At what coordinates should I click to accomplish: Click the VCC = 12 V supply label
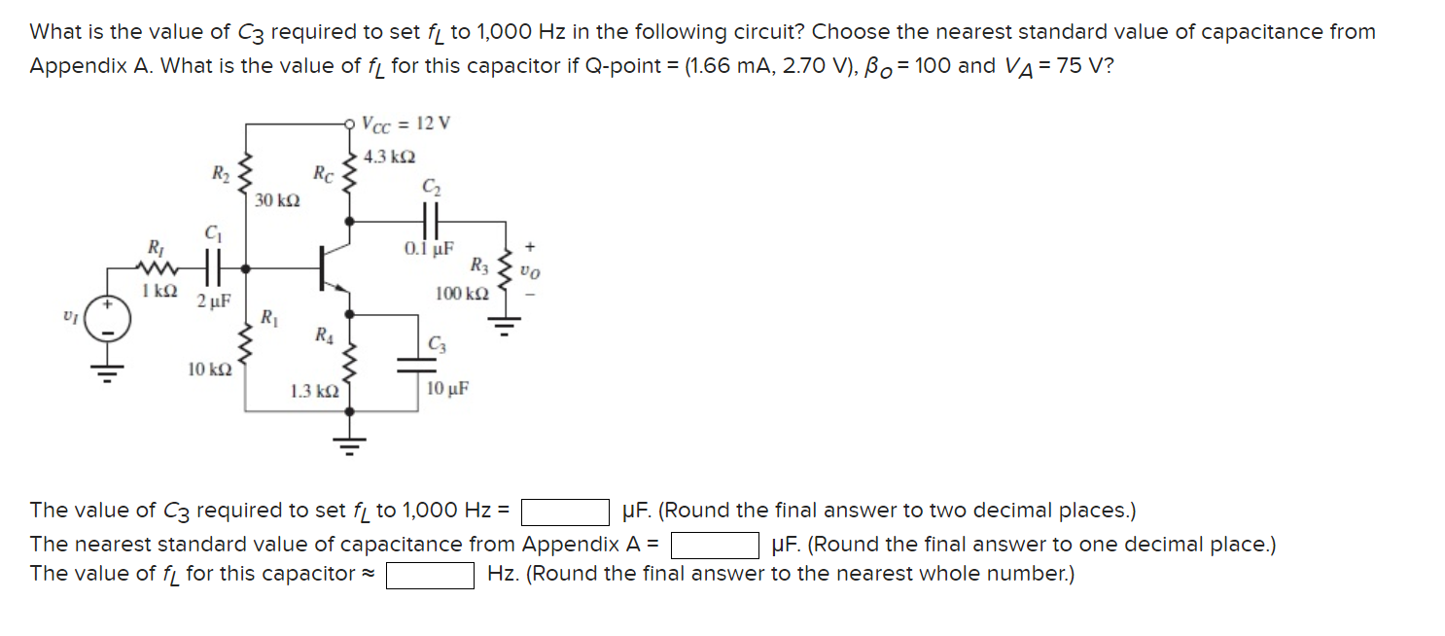pyautogui.click(x=405, y=124)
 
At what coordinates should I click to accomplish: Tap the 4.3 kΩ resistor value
pyautogui.click(x=389, y=157)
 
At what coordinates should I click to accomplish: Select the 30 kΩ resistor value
pyautogui.click(x=277, y=201)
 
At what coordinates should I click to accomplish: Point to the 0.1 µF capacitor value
pyautogui.click(x=429, y=249)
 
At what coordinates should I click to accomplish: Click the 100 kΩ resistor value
pyautogui.click(x=462, y=293)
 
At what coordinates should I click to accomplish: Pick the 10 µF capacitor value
pyautogui.click(x=448, y=388)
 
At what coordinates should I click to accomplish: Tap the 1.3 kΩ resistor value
pyautogui.click(x=314, y=391)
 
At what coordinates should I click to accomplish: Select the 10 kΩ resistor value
pyautogui.click(x=209, y=370)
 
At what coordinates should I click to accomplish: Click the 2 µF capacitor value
pyautogui.click(x=213, y=300)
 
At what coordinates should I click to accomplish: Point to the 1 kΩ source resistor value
pyautogui.click(x=158, y=291)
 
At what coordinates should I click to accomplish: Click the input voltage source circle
pyautogui.click(x=109, y=321)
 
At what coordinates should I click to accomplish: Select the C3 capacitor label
pyautogui.click(x=439, y=343)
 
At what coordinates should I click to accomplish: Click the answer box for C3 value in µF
pyautogui.click(x=566, y=512)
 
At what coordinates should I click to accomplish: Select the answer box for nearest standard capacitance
pyautogui.click(x=715, y=545)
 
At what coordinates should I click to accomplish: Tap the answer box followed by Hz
pyautogui.click(x=430, y=576)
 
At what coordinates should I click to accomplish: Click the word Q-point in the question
pyautogui.click(x=610, y=66)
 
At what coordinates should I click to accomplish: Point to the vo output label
pyautogui.click(x=529, y=271)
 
